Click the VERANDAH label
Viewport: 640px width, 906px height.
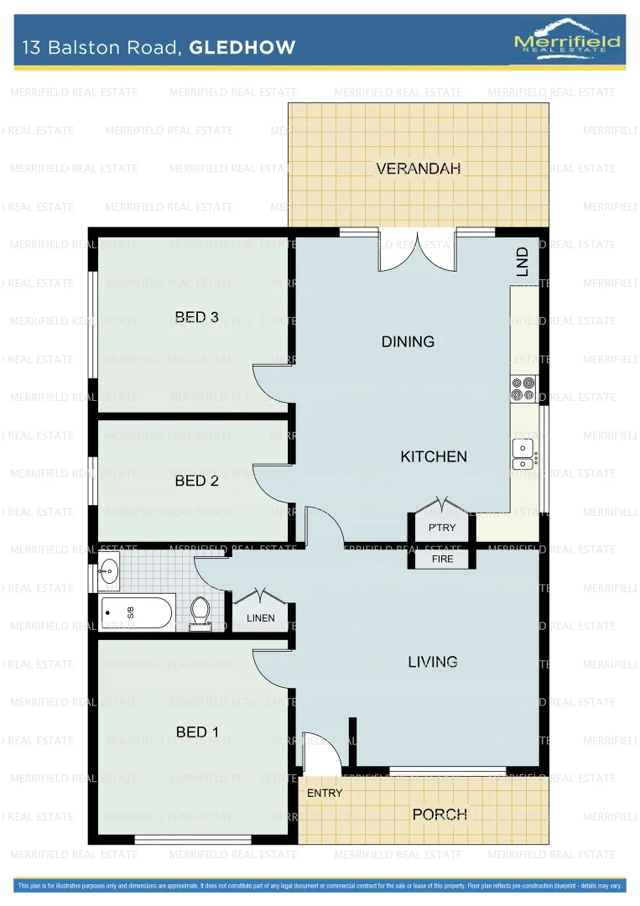419,169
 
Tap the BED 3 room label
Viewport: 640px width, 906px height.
197,317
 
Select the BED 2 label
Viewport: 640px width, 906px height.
197,481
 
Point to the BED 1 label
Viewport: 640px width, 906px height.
197,732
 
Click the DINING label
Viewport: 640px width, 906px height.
408,341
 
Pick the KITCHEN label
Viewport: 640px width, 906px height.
434,456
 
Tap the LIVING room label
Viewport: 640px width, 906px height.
433,662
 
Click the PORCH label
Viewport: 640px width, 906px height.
440,814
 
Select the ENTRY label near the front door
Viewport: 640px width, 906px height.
325,793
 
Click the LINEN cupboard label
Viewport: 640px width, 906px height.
260,618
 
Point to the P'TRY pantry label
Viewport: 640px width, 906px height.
442,528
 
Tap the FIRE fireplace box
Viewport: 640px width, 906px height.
442,559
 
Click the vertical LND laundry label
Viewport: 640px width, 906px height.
523,262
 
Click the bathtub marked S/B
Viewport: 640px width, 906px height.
137,613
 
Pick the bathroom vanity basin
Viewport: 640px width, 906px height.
109,572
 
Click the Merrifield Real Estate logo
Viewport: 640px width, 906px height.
567,39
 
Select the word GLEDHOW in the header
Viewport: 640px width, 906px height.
242,47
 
